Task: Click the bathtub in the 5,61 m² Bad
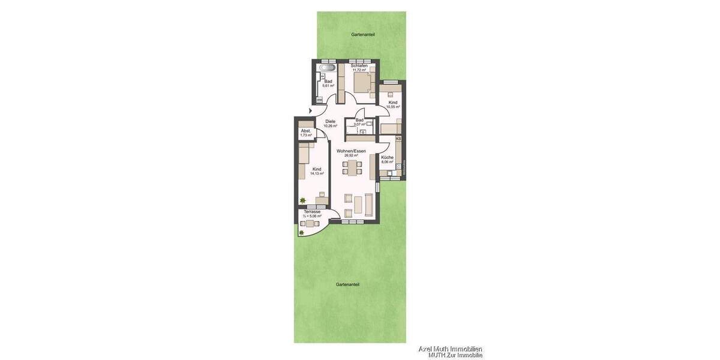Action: [326, 68]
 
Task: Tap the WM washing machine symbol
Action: [319, 100]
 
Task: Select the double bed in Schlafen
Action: [362, 83]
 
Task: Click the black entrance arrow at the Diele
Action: [310, 111]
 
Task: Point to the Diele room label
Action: [330, 121]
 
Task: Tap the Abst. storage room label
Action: [305, 131]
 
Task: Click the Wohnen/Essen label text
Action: [351, 151]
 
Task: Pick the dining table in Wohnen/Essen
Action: [351, 167]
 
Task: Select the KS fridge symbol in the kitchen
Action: [398, 139]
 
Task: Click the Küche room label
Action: [387, 157]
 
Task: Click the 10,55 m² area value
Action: [393, 107]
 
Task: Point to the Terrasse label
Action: [312, 211]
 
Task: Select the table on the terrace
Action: [310, 223]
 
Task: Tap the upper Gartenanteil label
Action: [363, 35]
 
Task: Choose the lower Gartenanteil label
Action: [347, 284]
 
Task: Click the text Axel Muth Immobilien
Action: [450, 349]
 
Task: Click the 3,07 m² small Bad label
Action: [359, 124]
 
